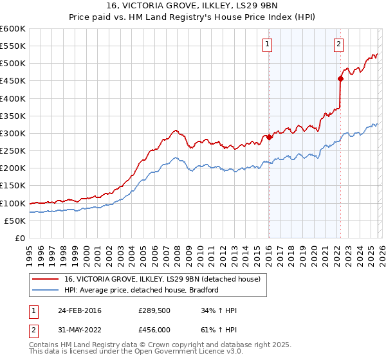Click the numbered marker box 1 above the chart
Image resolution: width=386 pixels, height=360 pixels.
tap(267, 44)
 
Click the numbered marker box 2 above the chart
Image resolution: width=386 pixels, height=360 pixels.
tap(338, 44)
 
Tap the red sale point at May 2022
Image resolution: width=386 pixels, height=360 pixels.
tap(340, 79)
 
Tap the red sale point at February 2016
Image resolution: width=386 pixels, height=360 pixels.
tap(269, 137)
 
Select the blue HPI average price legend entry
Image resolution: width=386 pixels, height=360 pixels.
tap(142, 290)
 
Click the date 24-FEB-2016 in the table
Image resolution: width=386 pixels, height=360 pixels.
tap(79, 311)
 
